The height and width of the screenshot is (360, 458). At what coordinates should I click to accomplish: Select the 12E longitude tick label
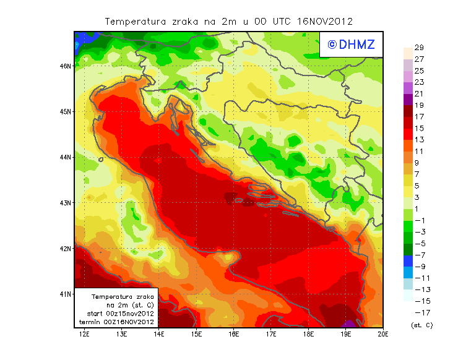(84, 335)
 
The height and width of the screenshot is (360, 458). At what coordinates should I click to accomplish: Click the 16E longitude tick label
(234, 335)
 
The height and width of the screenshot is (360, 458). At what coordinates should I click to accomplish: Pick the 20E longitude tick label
(384, 335)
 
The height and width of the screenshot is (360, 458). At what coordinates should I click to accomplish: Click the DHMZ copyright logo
(352, 45)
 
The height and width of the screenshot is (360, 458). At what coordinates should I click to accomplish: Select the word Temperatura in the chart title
(134, 21)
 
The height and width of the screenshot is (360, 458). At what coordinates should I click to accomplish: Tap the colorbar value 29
(419, 48)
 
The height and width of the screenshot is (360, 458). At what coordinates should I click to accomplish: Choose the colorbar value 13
(419, 140)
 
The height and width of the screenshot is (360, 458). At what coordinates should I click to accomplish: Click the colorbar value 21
(419, 93)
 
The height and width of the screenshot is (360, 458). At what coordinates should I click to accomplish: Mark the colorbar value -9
(420, 267)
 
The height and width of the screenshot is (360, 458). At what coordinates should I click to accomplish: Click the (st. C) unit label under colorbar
(421, 325)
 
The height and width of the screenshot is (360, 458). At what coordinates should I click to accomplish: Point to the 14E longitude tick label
(159, 335)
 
